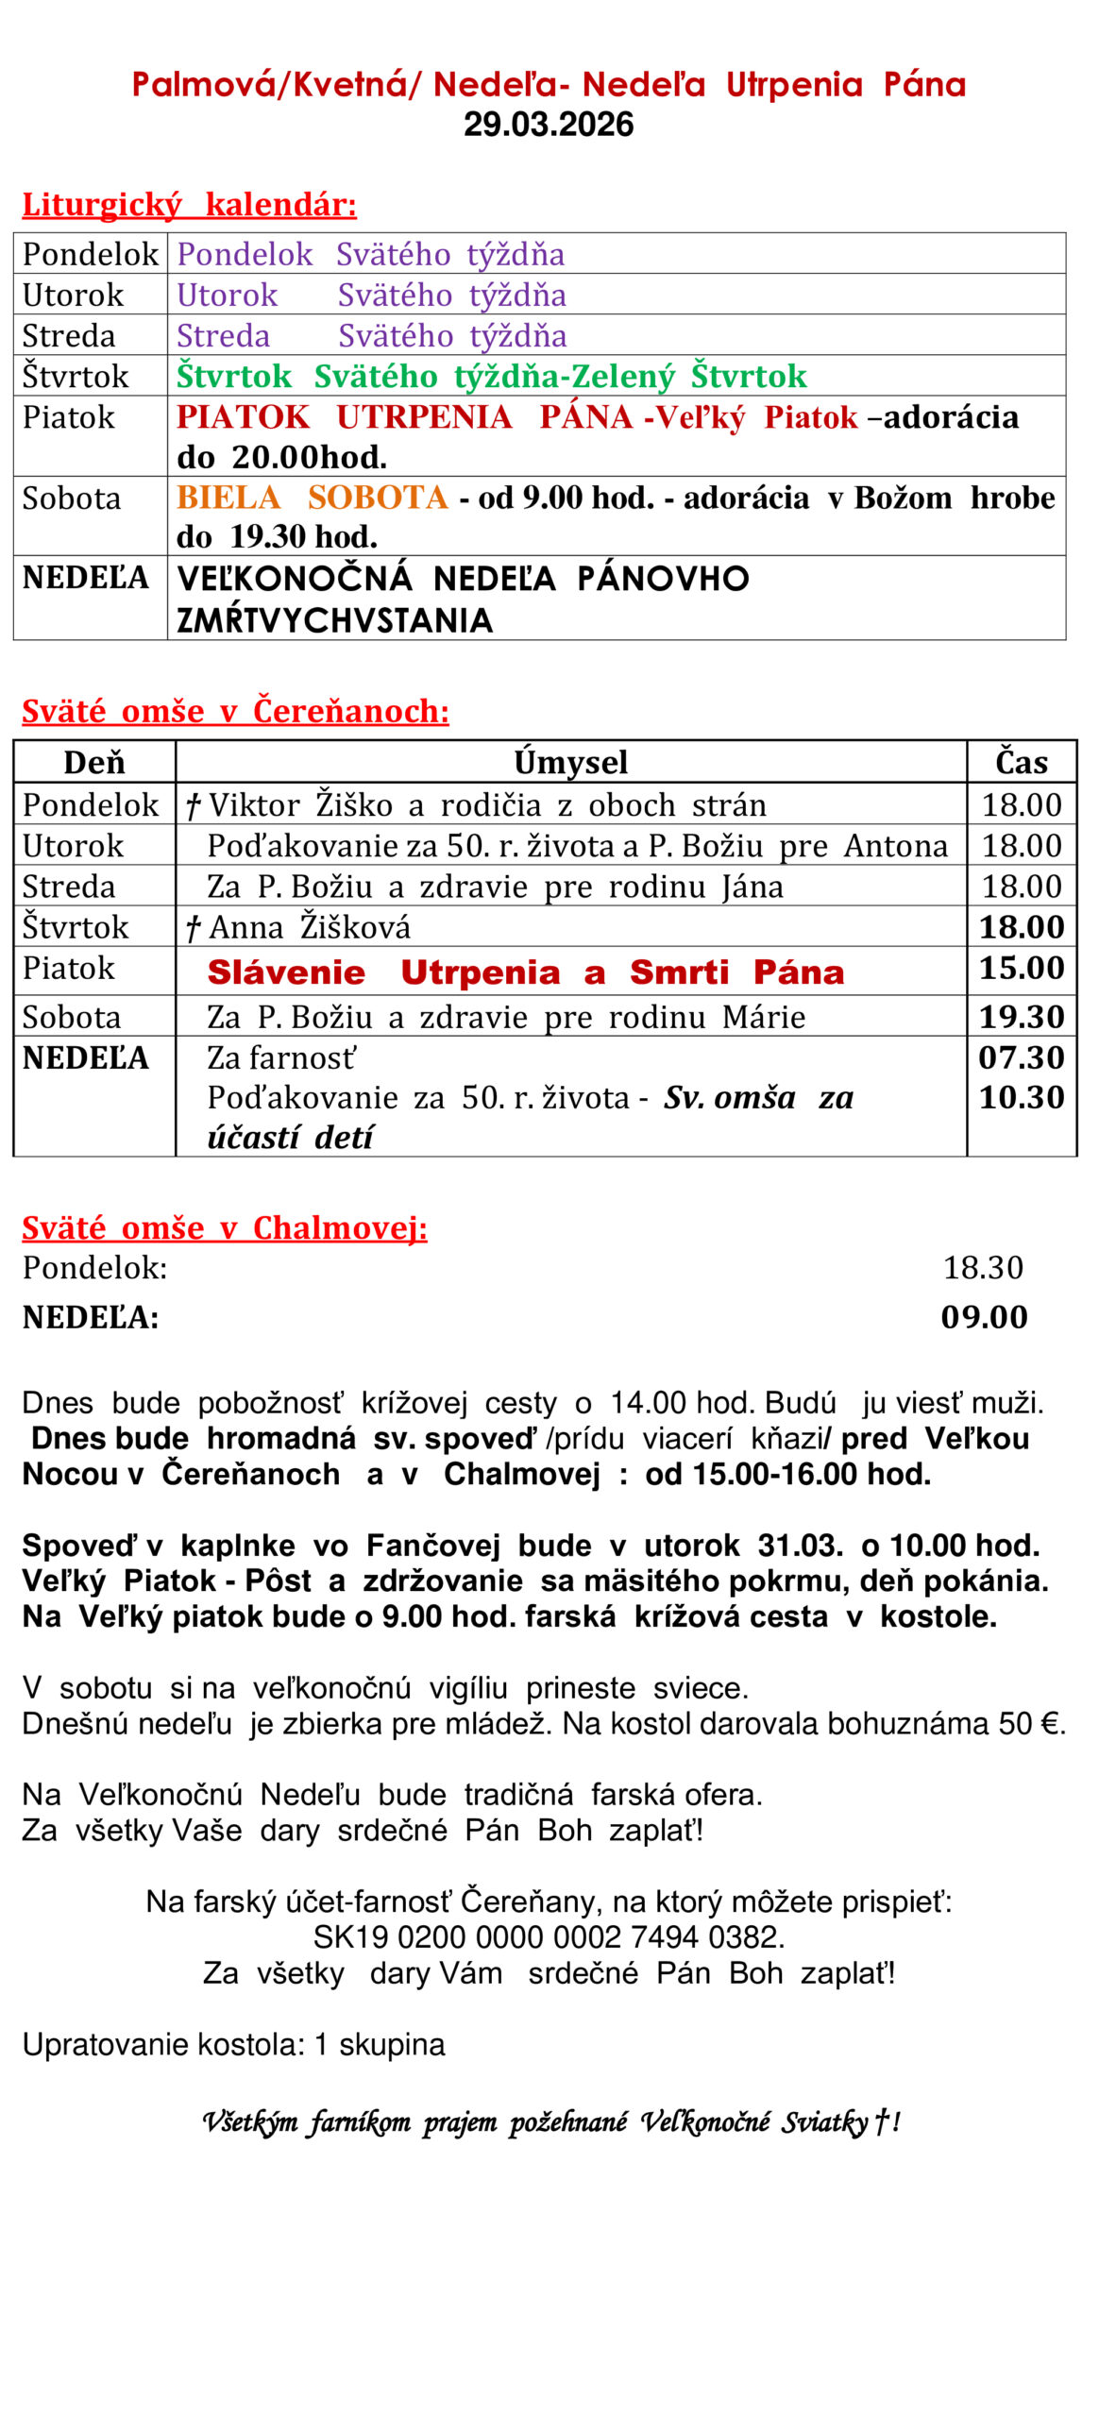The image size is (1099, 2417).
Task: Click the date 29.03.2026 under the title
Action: [x=548, y=124]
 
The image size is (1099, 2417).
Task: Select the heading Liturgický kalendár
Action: [x=189, y=204]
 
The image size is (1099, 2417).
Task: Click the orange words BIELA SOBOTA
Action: [x=312, y=497]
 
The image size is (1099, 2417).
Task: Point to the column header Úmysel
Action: [x=570, y=762]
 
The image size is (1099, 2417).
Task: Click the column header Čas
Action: [x=1021, y=762]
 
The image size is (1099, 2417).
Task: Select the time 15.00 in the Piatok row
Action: [x=1021, y=968]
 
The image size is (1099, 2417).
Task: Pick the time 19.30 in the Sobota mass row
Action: [x=1021, y=1017]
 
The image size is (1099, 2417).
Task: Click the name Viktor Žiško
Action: [x=300, y=804]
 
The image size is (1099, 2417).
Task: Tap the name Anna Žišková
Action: [x=310, y=927]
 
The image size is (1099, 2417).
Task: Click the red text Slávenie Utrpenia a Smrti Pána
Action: [x=525, y=972]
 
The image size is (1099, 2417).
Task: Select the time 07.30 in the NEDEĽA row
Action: [x=1021, y=1057]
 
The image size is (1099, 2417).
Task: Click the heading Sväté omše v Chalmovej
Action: [x=225, y=1227]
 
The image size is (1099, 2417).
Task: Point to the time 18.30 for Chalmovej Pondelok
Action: [x=983, y=1267]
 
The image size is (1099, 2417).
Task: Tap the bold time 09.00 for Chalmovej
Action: [x=983, y=1316]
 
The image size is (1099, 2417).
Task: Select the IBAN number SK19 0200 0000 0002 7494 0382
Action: [x=549, y=1937]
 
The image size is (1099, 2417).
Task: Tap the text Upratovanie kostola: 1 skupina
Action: [x=233, y=2044]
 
